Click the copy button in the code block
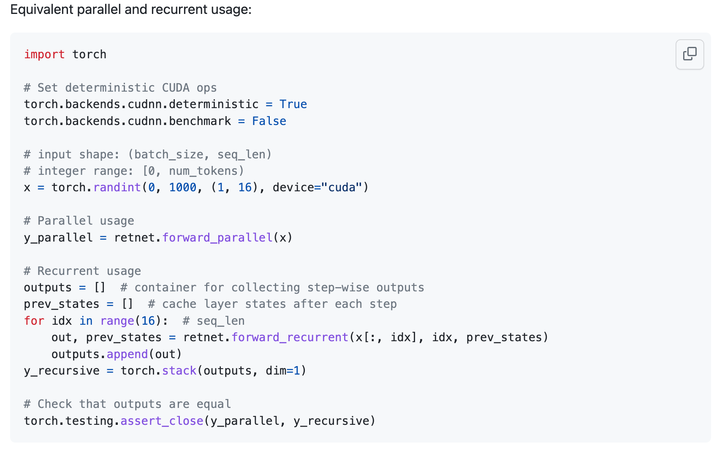tap(689, 54)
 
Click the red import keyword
tap(44, 54)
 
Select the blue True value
tap(293, 104)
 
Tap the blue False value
tap(269, 121)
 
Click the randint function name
tap(117, 187)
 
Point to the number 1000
tap(183, 187)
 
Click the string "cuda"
tap(342, 187)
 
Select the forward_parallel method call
tap(217, 238)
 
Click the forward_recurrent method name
tap(290, 337)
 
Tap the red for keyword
tap(34, 321)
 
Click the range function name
tap(117, 321)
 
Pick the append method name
tap(127, 354)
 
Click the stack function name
tap(179, 371)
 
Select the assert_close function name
tap(162, 421)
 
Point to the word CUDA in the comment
tap(176, 88)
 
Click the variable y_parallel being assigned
tap(58, 238)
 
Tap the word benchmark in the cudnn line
tap(200, 121)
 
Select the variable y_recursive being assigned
tap(62, 371)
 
